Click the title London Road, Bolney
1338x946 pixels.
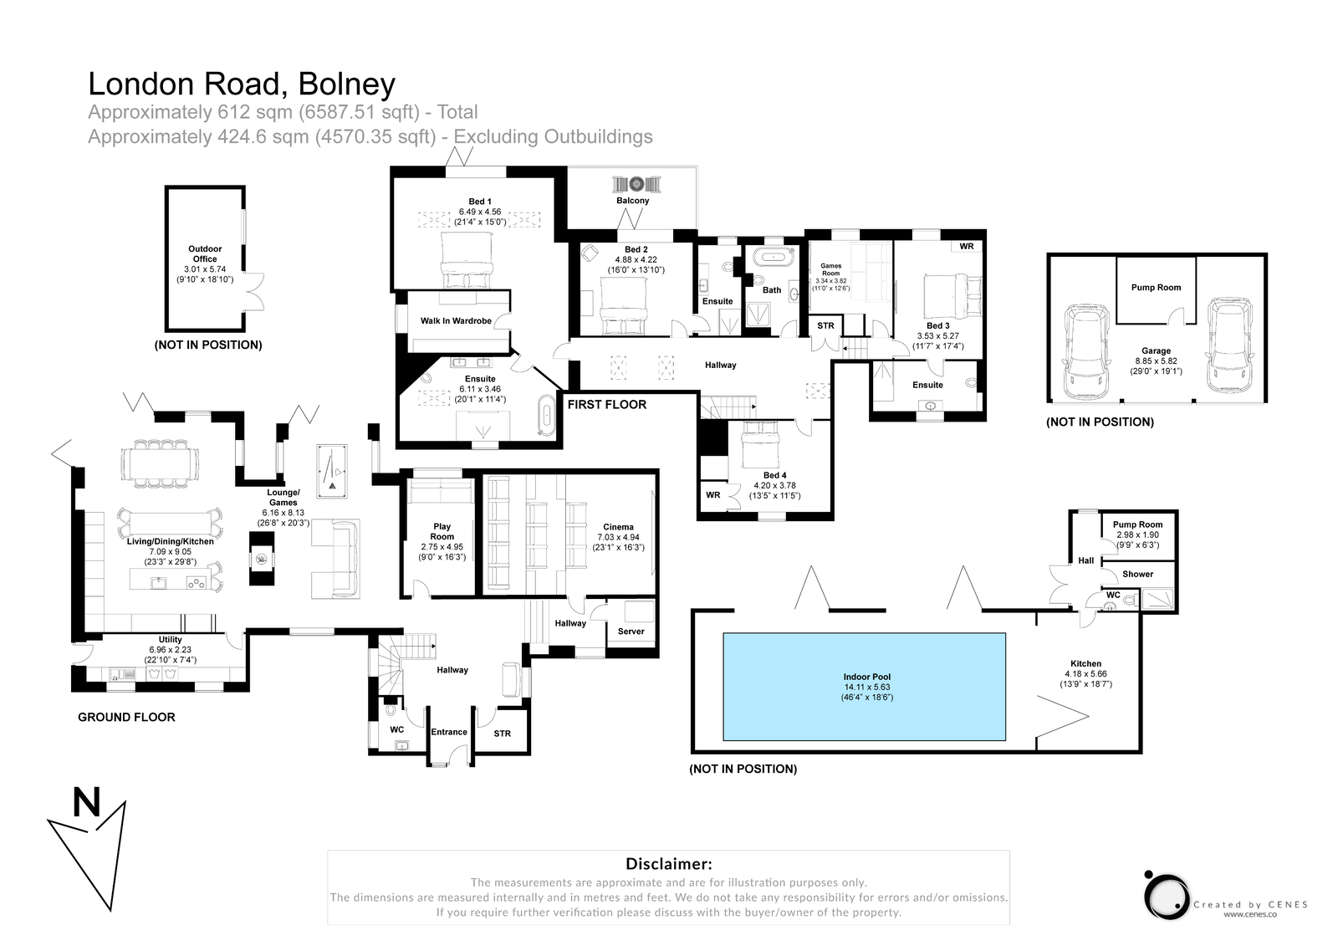242,84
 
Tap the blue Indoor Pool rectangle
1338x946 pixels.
864,686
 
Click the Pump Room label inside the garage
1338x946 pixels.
1156,288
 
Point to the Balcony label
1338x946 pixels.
633,201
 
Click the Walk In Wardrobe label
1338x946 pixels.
456,320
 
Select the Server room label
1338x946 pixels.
631,632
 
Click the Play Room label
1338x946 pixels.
442,532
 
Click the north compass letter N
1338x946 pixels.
87,804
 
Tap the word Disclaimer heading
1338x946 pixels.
668,864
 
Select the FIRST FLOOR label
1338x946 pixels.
607,405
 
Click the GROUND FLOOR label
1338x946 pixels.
126,717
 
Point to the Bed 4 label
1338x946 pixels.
774,475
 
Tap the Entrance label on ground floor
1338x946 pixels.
449,732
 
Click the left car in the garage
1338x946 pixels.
1085,352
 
